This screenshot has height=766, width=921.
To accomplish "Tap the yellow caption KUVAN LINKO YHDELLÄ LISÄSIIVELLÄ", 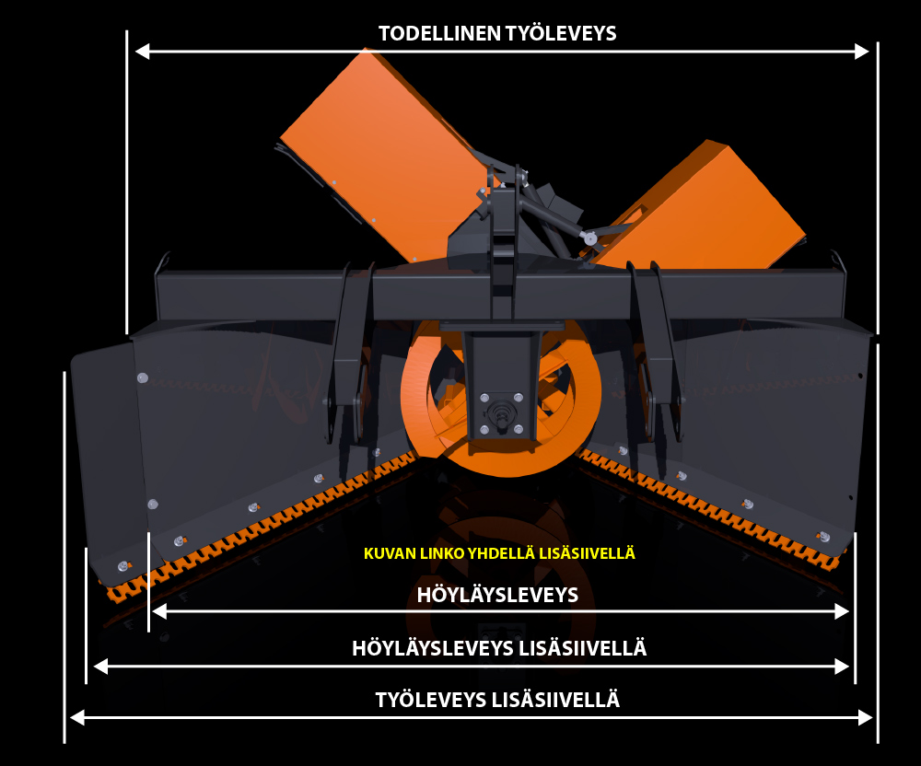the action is click(499, 553).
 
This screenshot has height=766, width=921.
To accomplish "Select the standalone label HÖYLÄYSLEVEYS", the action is click(497, 595).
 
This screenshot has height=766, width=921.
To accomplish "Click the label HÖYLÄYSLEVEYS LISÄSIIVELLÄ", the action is click(499, 648).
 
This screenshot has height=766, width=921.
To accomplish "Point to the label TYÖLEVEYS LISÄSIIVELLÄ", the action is click(497, 700).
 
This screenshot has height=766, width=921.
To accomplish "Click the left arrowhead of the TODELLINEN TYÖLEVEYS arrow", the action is click(142, 52).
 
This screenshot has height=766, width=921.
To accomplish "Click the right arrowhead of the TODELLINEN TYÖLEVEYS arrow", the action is click(862, 52).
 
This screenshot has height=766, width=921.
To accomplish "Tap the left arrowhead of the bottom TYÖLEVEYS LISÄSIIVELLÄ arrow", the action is click(77, 717).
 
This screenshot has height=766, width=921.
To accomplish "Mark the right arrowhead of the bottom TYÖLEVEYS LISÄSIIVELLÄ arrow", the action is click(865, 717).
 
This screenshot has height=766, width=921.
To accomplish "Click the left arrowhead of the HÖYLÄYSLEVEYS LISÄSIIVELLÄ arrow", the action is click(101, 667).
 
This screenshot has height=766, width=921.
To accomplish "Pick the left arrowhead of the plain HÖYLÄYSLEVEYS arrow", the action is click(159, 611).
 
